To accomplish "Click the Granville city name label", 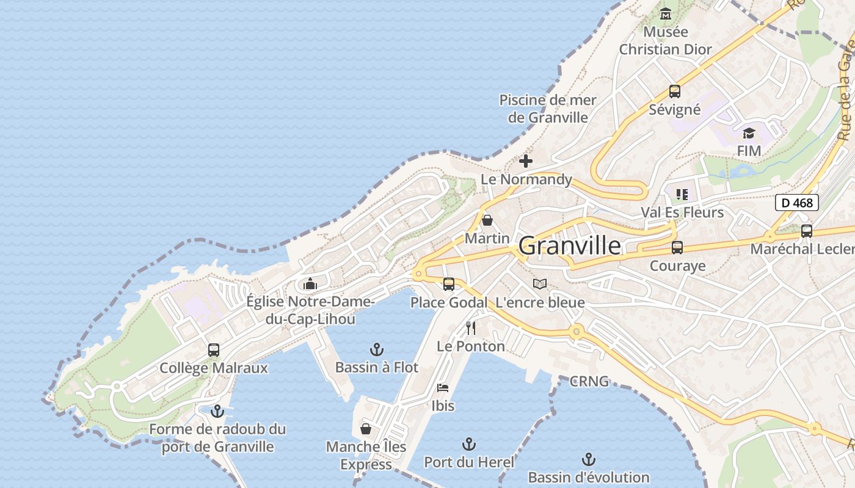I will coord(569,246).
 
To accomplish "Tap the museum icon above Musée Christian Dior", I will coord(666,13).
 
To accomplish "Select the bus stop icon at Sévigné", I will coord(674,91).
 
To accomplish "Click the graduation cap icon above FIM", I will coord(749,133).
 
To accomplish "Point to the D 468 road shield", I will coord(797,203).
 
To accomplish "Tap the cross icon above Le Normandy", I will coord(525,161).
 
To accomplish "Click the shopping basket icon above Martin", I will coord(487,220).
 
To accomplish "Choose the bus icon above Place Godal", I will coord(449,284).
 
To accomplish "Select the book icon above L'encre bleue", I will coord(540,284).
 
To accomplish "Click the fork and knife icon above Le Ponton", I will coord(471,328).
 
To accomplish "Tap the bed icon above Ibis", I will coord(443,388).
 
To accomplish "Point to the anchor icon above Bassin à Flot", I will coord(377,350).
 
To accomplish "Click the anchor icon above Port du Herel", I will coord(469,443).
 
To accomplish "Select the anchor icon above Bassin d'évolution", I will coord(589,459).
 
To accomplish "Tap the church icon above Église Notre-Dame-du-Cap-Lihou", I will coord(310,284).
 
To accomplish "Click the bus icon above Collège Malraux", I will coord(214,350).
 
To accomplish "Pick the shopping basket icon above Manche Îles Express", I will coord(366,429).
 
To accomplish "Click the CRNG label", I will coord(589,382).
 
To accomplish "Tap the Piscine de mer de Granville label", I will coord(548,109).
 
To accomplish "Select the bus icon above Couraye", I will coord(677,248).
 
